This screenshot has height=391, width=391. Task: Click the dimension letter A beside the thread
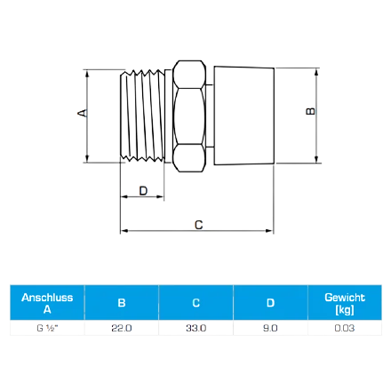pyautogui.click(x=83, y=113)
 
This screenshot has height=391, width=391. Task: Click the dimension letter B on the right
pyautogui.click(x=310, y=111)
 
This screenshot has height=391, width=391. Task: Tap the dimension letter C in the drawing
pyautogui.click(x=198, y=225)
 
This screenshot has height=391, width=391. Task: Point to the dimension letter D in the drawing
pyautogui.click(x=143, y=191)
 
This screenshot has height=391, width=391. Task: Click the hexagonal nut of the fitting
pyautogui.click(x=189, y=116)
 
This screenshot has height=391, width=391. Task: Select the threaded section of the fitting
pyautogui.click(x=142, y=116)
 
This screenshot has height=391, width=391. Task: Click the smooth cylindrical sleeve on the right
pyautogui.click(x=244, y=116)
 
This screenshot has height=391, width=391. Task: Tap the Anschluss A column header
pyautogui.click(x=47, y=303)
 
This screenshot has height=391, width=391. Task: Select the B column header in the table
pyautogui.click(x=122, y=303)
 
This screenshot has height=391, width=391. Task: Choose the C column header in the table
pyautogui.click(x=196, y=303)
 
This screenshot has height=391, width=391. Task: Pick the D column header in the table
pyautogui.click(x=270, y=303)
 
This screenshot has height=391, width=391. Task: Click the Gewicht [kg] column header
pyautogui.click(x=345, y=303)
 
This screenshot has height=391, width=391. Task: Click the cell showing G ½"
pyautogui.click(x=47, y=328)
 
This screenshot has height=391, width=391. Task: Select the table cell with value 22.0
pyautogui.click(x=122, y=328)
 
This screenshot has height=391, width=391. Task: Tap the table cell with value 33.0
pyautogui.click(x=196, y=328)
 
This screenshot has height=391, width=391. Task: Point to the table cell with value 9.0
pyautogui.click(x=270, y=328)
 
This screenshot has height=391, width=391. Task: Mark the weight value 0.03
pyautogui.click(x=345, y=328)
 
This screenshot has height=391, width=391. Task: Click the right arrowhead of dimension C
pyautogui.click(x=269, y=231)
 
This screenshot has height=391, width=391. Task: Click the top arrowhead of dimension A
pyautogui.click(x=87, y=74)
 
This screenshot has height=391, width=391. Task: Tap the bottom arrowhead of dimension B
pyautogui.click(x=316, y=159)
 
